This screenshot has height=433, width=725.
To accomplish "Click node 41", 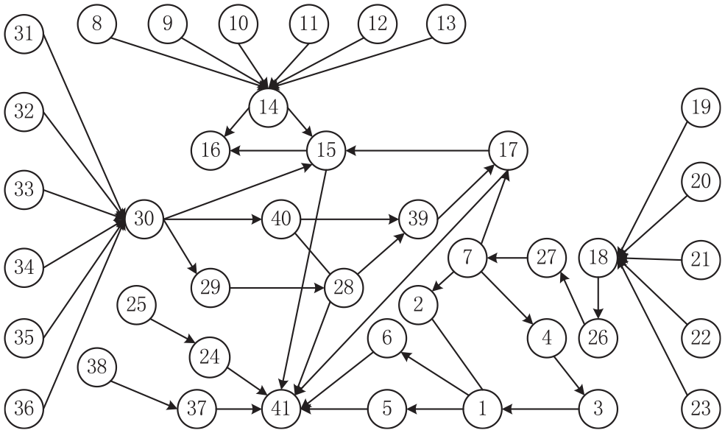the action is (x=281, y=409).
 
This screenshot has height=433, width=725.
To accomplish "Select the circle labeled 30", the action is (x=144, y=219).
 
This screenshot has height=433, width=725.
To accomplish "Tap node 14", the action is (x=268, y=108).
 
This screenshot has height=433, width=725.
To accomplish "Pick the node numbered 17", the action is (x=508, y=150).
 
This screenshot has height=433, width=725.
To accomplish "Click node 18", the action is (x=598, y=257).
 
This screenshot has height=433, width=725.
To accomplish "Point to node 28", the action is (x=344, y=288).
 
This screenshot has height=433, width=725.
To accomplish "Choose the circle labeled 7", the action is (x=467, y=258).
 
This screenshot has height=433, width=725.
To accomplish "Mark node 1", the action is (x=482, y=409).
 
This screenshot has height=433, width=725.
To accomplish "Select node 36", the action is (x=24, y=409).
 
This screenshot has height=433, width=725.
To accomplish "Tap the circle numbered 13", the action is (x=446, y=24).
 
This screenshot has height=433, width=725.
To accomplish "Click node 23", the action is (x=701, y=409).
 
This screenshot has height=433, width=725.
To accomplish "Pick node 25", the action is (x=136, y=305).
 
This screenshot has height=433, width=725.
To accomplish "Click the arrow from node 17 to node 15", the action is (x=417, y=150).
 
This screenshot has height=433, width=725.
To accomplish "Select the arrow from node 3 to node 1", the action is (x=540, y=409).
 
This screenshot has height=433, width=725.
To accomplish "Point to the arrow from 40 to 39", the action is (x=350, y=219).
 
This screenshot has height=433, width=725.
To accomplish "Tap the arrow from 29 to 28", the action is (x=277, y=288).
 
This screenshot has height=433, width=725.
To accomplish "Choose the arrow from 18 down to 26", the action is (x=598, y=298).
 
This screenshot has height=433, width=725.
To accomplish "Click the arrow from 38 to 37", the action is (x=144, y=395).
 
